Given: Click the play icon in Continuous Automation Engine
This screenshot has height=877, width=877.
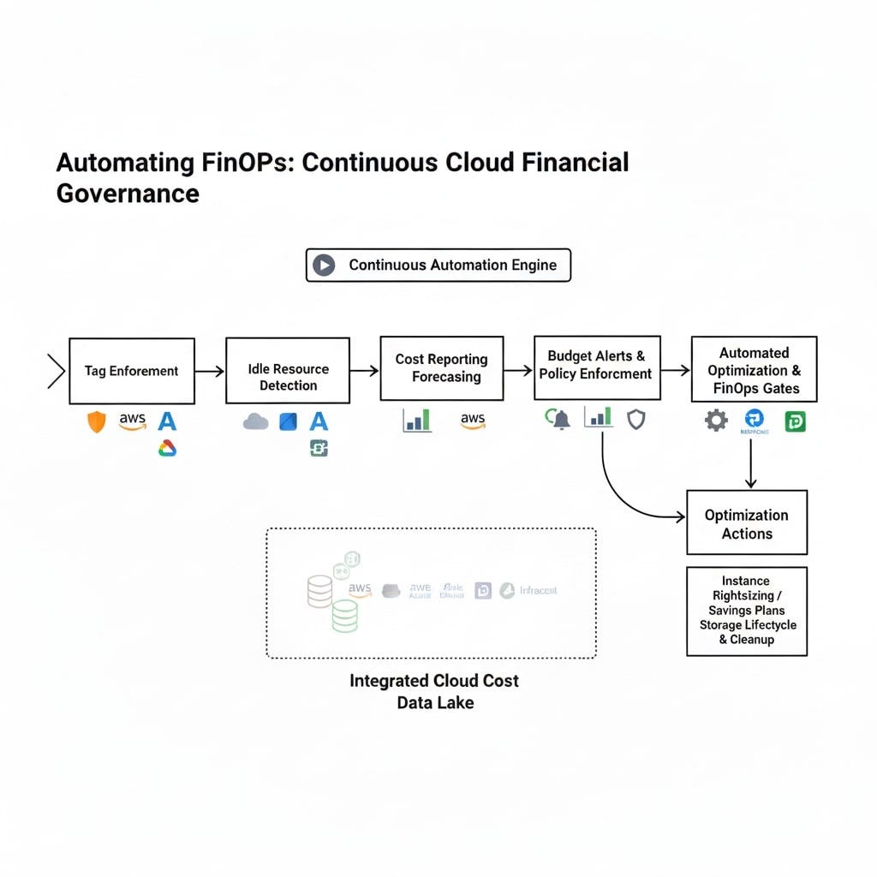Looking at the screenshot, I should pyautogui.click(x=324, y=265).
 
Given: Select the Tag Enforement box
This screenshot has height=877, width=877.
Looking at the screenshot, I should pyautogui.click(x=132, y=371).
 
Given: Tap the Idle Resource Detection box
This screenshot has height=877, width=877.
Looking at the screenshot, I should pyautogui.click(x=288, y=371).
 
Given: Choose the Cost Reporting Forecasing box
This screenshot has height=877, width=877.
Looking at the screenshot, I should pyautogui.click(x=442, y=368).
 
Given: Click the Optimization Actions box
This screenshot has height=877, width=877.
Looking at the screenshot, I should pyautogui.click(x=747, y=522).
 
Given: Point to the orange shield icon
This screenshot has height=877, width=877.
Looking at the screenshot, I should pyautogui.click(x=97, y=421).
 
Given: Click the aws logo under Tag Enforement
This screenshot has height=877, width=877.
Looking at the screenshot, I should pyautogui.click(x=133, y=421).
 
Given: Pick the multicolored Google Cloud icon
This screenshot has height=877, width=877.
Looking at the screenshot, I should pyautogui.click(x=167, y=448).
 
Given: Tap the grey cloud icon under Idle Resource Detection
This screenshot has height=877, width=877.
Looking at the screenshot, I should pyautogui.click(x=255, y=421).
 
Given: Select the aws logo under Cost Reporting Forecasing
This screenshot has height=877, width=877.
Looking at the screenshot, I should pyautogui.click(x=473, y=420).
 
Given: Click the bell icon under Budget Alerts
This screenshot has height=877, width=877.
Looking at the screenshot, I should pyautogui.click(x=561, y=420).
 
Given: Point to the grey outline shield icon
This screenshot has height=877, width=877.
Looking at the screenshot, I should pyautogui.click(x=635, y=419).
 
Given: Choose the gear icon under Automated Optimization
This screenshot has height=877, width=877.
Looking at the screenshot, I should pyautogui.click(x=716, y=421).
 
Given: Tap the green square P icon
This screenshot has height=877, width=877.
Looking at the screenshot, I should pyautogui.click(x=795, y=421).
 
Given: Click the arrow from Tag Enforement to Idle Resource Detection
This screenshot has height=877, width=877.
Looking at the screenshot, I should pyautogui.click(x=210, y=372).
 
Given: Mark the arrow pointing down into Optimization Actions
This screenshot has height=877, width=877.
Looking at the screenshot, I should pyautogui.click(x=751, y=467).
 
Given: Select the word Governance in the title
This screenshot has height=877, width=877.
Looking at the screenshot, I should pyautogui.click(x=128, y=193).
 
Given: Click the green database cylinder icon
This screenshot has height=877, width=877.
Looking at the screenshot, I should pyautogui.click(x=344, y=615).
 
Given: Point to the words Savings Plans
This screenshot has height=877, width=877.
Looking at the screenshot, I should pyautogui.click(x=747, y=611).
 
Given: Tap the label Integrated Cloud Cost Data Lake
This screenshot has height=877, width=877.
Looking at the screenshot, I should pyautogui.click(x=434, y=692).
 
